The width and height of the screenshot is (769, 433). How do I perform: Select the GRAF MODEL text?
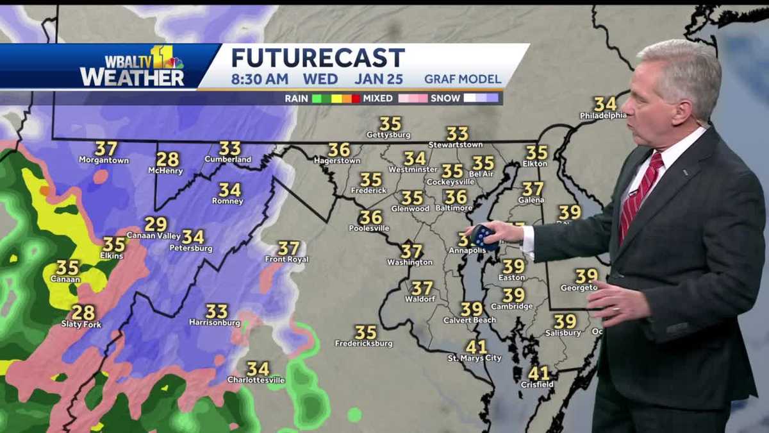pyautogui.click(x=462, y=80)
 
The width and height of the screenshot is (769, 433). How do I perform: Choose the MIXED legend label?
pyautogui.click(x=379, y=98)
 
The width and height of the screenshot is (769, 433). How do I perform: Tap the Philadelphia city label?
pyautogui.click(x=603, y=115)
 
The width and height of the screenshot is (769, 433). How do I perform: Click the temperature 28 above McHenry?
pyautogui.click(x=167, y=159)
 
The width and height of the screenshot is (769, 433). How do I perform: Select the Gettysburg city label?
pyautogui.click(x=388, y=135)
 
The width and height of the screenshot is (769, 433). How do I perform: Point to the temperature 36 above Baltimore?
pyautogui.click(x=456, y=197)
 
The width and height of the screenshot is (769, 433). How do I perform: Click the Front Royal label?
pyautogui.click(x=286, y=259)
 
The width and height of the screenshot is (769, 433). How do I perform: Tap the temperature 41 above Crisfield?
pyautogui.click(x=538, y=373)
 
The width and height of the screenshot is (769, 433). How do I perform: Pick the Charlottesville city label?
pyautogui.click(x=256, y=380)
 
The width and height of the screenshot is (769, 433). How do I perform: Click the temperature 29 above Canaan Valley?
pyautogui.click(x=156, y=224)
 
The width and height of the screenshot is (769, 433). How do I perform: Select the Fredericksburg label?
pyautogui.click(x=364, y=343)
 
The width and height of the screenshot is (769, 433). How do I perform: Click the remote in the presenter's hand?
pyautogui.click(x=484, y=236)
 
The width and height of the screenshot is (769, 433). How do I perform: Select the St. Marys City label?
pyautogui.click(x=474, y=358)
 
